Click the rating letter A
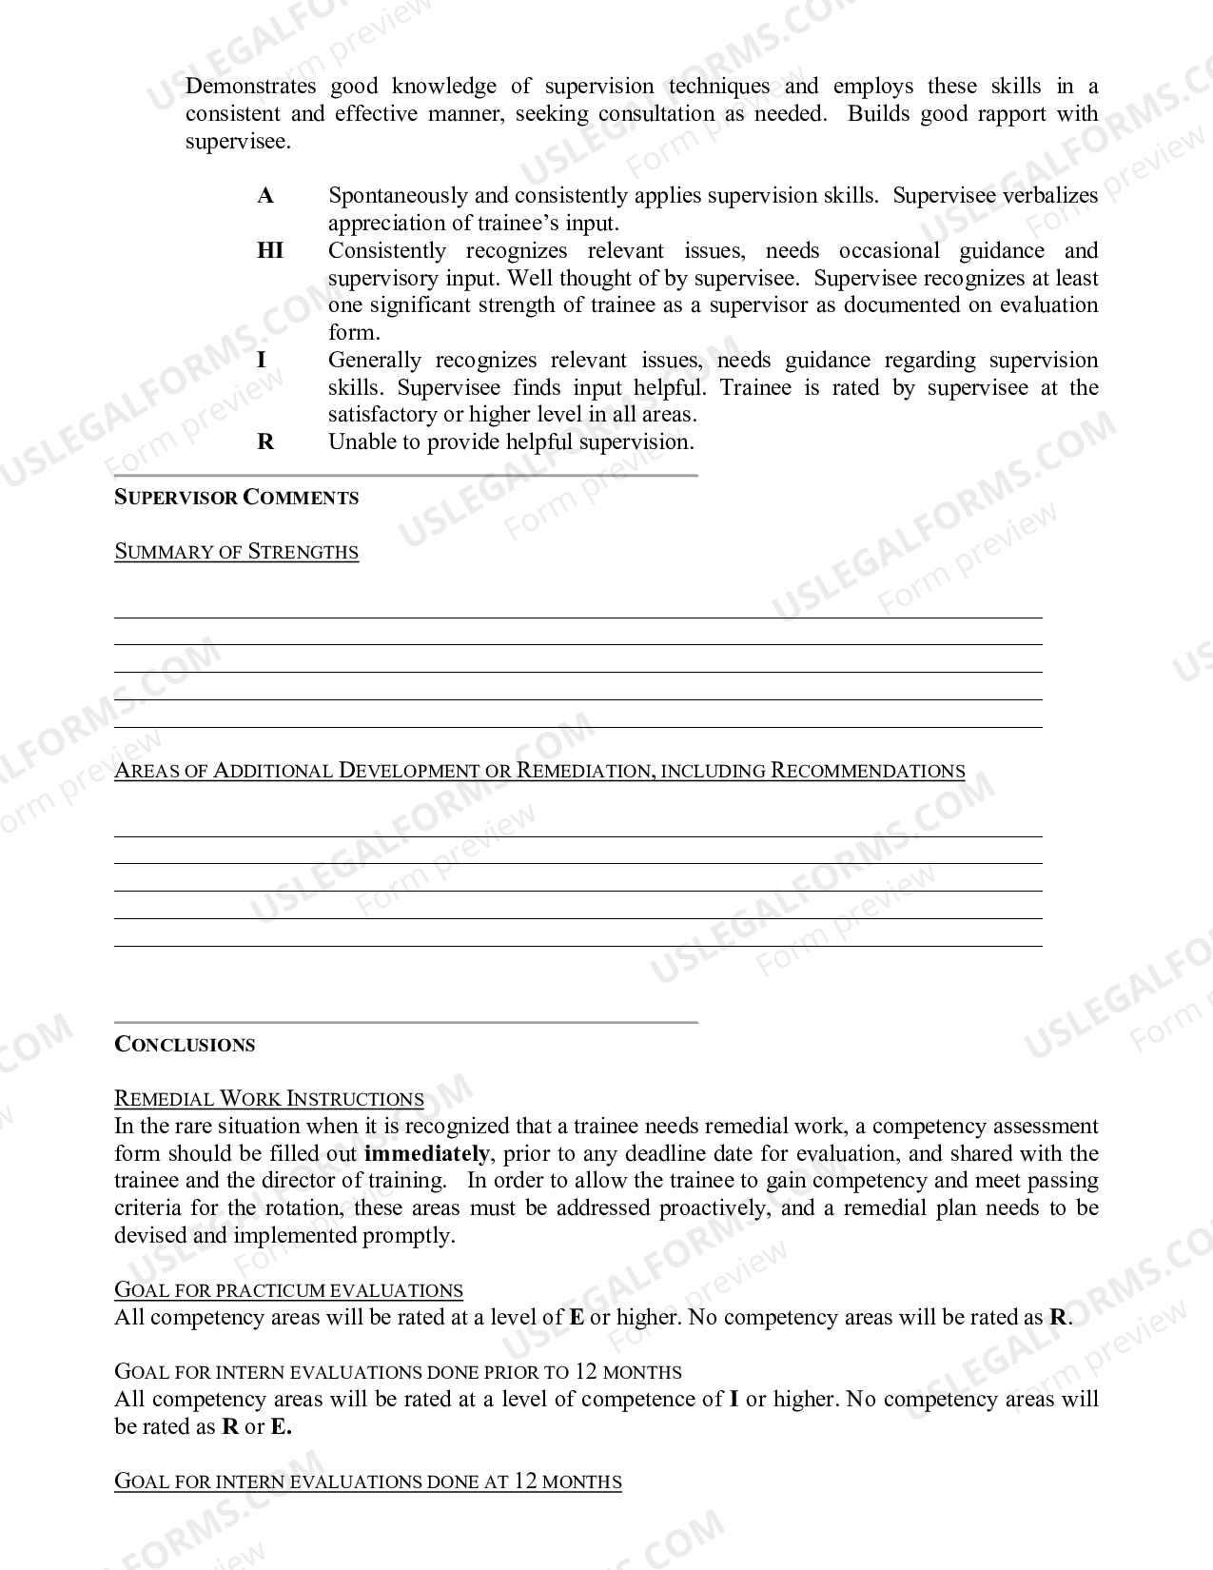(265, 196)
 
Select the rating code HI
(270, 251)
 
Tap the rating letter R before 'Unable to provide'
(265, 442)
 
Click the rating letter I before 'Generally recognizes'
(262, 361)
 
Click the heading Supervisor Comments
(236, 498)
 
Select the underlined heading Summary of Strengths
(236, 552)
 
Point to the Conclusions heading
(185, 1045)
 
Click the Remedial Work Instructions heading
(269, 1099)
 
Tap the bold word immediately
(426, 1154)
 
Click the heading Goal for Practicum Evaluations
(288, 1291)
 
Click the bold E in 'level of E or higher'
(577, 1318)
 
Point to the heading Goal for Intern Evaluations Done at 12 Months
(367, 1482)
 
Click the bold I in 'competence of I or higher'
(734, 1400)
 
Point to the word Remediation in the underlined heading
(584, 771)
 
